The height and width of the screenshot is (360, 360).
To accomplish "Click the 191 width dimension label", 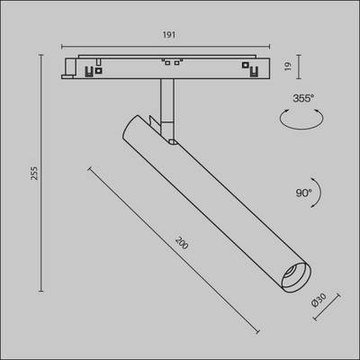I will tap(167, 36).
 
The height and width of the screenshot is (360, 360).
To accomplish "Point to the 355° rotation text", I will tap(302, 98).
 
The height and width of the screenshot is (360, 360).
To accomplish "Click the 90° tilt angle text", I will tap(302, 193).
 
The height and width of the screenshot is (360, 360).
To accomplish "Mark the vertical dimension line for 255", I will tap(41, 175).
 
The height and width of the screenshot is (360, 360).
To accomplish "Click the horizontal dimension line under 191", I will tap(167, 47).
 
